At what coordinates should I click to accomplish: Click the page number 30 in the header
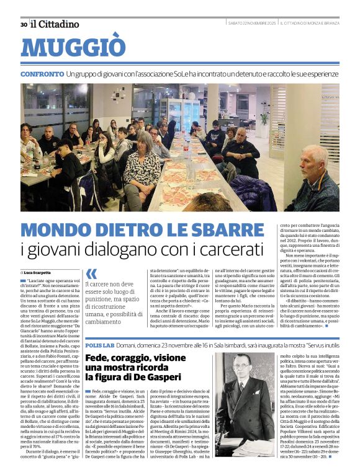tap(24, 24)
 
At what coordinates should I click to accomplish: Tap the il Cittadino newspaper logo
tap(55, 24)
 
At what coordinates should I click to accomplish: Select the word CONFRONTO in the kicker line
tap(41, 74)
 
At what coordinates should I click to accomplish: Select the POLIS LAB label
tap(99, 345)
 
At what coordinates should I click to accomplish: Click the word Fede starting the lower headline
tap(97, 358)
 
